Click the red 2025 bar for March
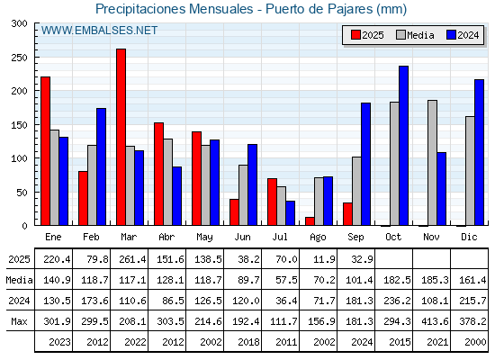[x=121, y=137]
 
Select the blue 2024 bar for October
[x=404, y=146]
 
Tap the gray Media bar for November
[x=432, y=163]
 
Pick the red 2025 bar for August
[x=310, y=221]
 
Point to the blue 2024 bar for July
[x=290, y=213]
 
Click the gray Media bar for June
[x=243, y=195]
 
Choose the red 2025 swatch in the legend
[x=355, y=35]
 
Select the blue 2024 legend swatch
[x=451, y=35]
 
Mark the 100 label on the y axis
[x=20, y=158]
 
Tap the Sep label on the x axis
[x=355, y=238]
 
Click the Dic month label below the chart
[x=469, y=238]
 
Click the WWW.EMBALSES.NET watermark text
[x=99, y=31]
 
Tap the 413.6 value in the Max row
[x=435, y=321]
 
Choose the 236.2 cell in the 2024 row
[x=397, y=301]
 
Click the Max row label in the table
[x=19, y=321]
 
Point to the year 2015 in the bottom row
[x=400, y=342]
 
